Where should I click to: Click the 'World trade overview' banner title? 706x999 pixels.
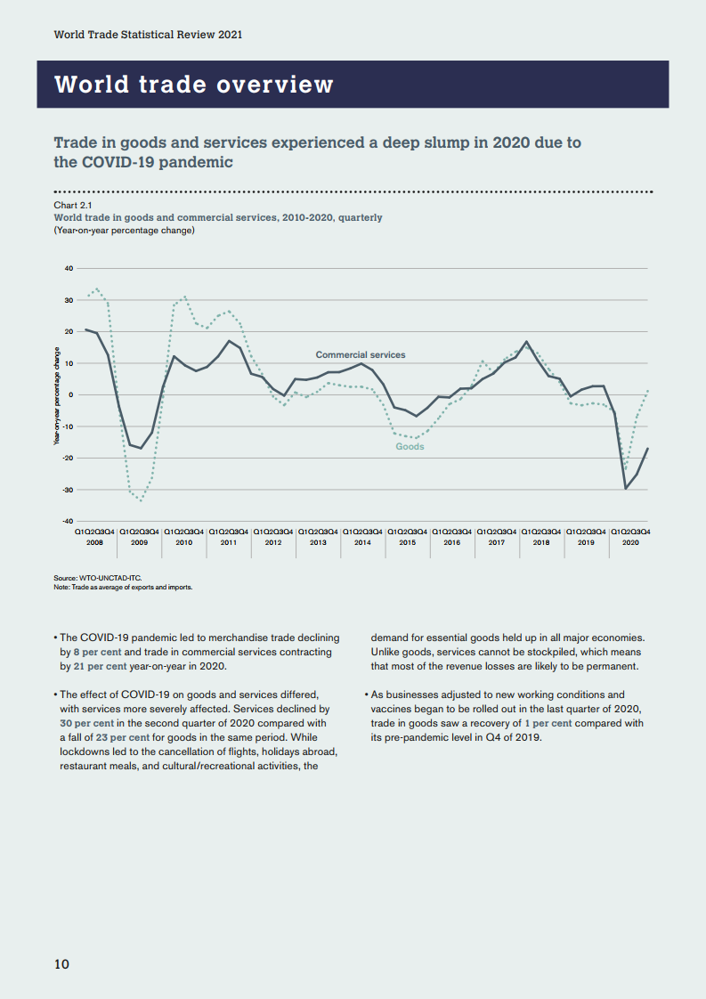point(194,85)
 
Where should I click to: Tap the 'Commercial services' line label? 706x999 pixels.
point(360,354)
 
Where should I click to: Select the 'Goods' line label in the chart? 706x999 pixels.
point(410,446)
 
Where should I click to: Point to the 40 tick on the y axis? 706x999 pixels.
point(68,268)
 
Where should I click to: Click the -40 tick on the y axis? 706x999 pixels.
point(67,521)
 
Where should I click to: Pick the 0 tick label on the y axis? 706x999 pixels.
point(70,394)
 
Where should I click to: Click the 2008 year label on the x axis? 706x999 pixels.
point(94,541)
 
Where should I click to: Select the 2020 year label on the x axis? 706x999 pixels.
point(629,541)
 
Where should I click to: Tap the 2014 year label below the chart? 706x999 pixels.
point(362,541)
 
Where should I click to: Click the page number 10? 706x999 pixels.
point(61,964)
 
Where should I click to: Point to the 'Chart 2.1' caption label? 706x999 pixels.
point(73,206)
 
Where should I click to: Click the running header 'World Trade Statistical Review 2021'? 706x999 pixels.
point(148,34)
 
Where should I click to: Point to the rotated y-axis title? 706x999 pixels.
point(57,394)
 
